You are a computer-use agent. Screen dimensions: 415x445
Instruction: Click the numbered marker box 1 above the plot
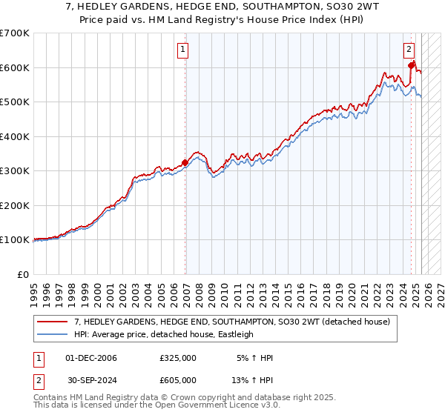[182, 50]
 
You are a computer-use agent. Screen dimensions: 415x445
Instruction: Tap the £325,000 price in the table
[178, 358]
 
